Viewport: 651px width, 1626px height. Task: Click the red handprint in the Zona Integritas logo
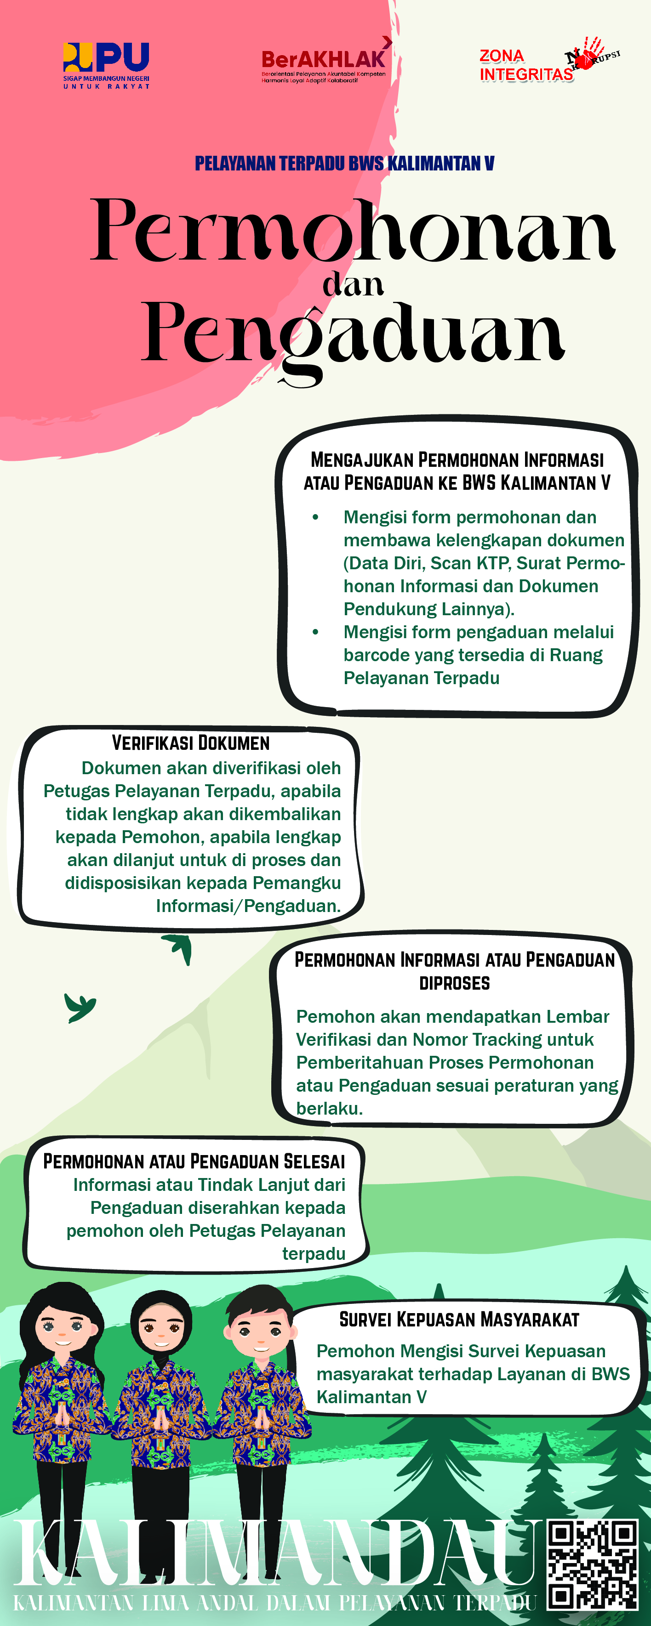click(x=587, y=54)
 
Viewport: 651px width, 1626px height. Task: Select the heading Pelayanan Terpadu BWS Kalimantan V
click(x=344, y=164)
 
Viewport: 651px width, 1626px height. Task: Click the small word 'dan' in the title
click(x=353, y=285)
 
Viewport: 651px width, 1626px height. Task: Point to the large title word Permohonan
click(x=352, y=230)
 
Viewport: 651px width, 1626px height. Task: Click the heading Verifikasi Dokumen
click(x=191, y=743)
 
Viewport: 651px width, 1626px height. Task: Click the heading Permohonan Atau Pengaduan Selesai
click(x=194, y=1161)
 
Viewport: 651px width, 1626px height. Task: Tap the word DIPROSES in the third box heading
click(x=455, y=983)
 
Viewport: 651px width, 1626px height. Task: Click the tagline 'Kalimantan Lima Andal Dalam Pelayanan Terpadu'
click(x=274, y=1602)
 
